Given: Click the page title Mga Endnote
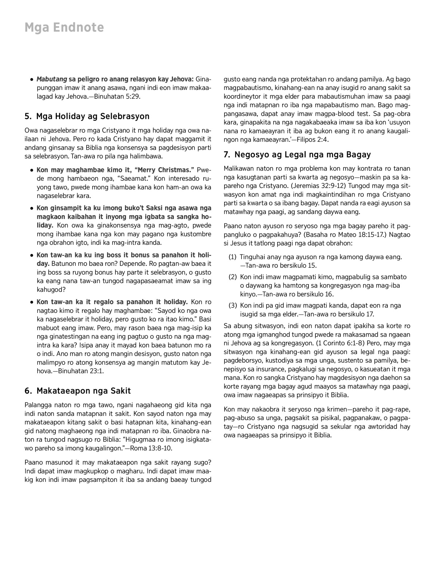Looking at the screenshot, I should coord(64,28).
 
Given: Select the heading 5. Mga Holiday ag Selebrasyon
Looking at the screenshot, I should coord(87,117).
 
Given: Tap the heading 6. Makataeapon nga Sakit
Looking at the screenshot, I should coord(78,391).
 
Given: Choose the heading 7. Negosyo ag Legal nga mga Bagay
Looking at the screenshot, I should coord(297,155).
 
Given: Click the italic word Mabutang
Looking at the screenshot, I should coord(52,79).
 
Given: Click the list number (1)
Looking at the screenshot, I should coord(233,257).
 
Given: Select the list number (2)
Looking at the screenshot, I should coord(233,277).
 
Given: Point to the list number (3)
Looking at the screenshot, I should coord(233,306).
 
